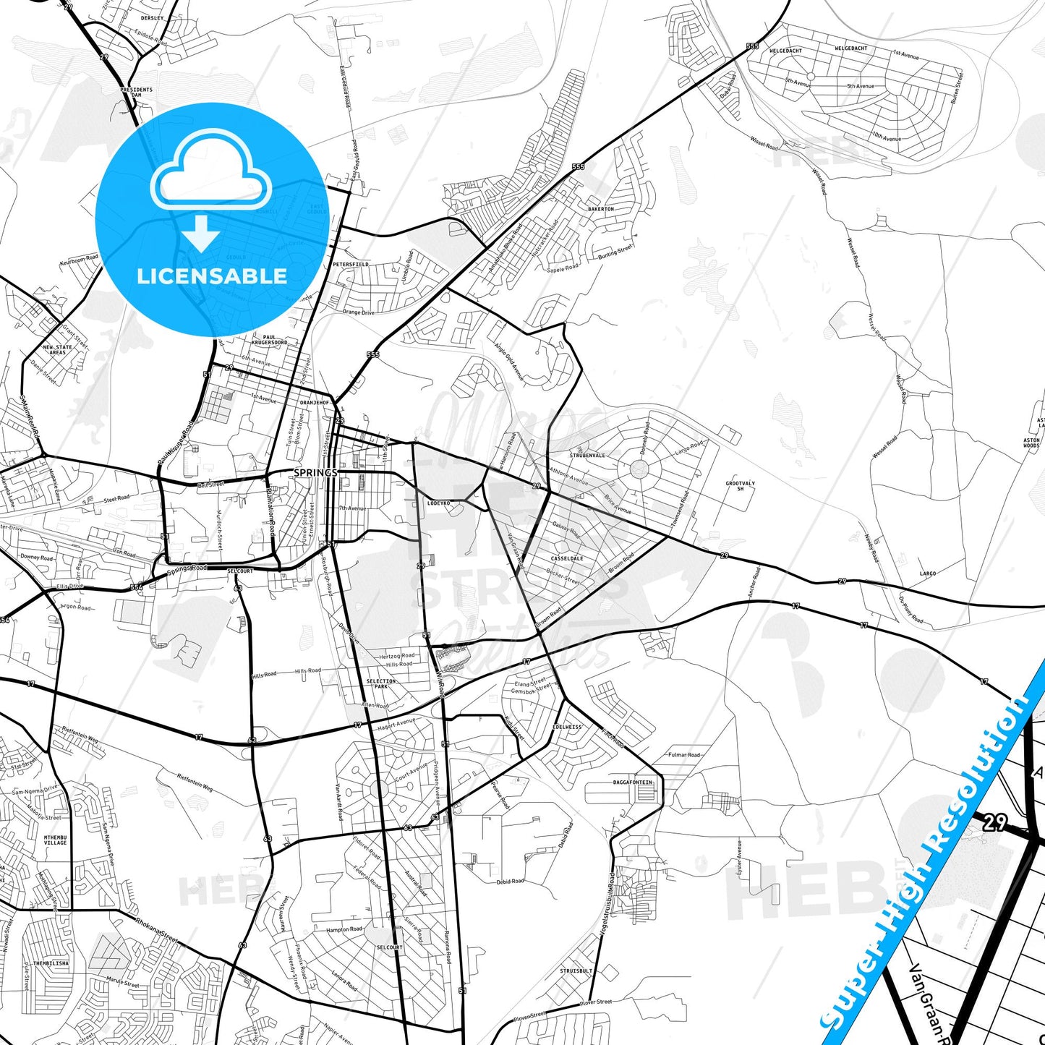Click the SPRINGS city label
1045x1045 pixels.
(x=315, y=473)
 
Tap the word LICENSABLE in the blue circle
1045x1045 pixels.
(x=212, y=276)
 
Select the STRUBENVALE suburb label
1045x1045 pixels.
(x=587, y=456)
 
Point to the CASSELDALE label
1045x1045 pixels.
(x=567, y=558)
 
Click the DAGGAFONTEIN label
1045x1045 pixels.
(x=633, y=782)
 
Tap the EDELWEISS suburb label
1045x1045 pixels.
(x=567, y=727)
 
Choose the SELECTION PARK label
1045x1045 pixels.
(x=380, y=683)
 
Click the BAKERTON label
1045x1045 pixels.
(x=601, y=209)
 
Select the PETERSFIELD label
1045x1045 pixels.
(x=351, y=265)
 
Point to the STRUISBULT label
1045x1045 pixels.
(x=576, y=971)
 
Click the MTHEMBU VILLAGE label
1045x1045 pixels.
(x=55, y=840)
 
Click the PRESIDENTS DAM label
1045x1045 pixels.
(x=136, y=93)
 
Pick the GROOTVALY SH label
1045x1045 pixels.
(x=740, y=486)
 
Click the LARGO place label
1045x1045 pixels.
(x=928, y=573)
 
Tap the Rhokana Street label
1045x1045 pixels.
(x=156, y=930)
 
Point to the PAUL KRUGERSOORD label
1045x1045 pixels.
(x=269, y=339)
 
